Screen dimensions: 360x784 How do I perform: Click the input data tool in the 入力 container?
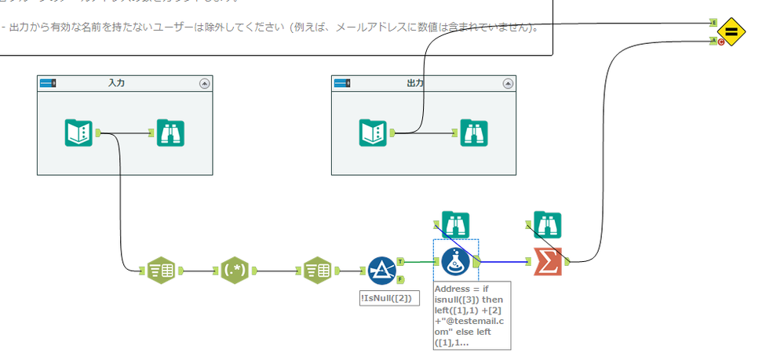78,133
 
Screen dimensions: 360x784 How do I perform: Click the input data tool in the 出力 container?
373,133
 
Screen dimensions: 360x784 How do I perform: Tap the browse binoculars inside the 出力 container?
473,133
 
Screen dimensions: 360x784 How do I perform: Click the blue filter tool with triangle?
382,271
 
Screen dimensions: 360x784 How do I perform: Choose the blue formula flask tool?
455,262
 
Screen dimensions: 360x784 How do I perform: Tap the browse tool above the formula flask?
456,224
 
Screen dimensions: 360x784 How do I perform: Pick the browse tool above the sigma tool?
548,224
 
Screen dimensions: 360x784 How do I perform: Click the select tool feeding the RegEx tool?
161,271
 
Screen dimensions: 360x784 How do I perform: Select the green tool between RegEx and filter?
317,271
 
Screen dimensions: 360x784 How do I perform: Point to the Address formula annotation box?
472,315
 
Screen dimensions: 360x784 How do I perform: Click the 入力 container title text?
116,82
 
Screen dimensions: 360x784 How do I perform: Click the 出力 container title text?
415,82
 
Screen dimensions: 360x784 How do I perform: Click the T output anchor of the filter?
400,261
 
